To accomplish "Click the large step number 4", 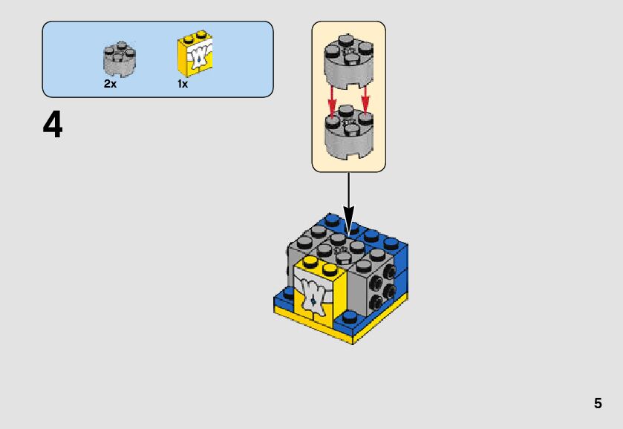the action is (x=53, y=125).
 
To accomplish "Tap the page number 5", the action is (x=598, y=404).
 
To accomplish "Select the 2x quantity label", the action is (x=110, y=84).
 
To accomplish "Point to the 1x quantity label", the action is (x=182, y=84).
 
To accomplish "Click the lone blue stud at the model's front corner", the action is (x=348, y=316).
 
